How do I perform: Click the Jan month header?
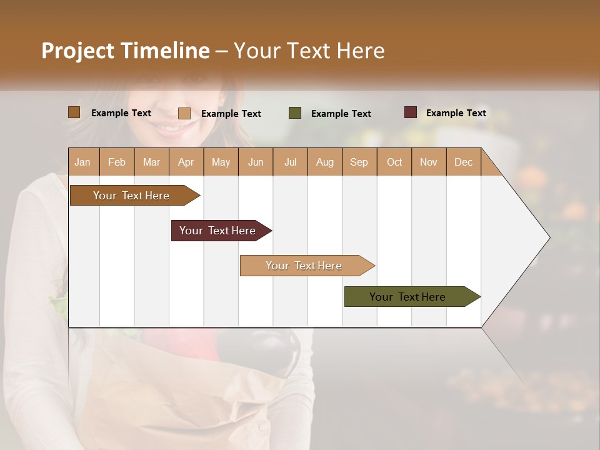[x=82, y=162]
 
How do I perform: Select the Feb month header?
[x=117, y=162]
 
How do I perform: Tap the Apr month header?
[x=186, y=162]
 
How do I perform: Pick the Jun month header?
[x=256, y=162]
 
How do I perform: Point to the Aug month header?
[x=324, y=162]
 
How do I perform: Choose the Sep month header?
[x=359, y=162]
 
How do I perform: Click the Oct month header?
[x=394, y=162]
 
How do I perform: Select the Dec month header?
[x=463, y=162]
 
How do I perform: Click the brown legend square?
[x=74, y=112]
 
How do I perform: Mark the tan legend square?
[x=184, y=113]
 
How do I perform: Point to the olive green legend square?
[x=295, y=113]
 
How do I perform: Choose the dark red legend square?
[x=411, y=112]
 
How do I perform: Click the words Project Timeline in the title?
[x=126, y=51]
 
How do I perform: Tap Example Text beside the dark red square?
[x=456, y=113]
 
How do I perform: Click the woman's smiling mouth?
[x=173, y=129]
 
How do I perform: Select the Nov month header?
[x=429, y=162]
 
